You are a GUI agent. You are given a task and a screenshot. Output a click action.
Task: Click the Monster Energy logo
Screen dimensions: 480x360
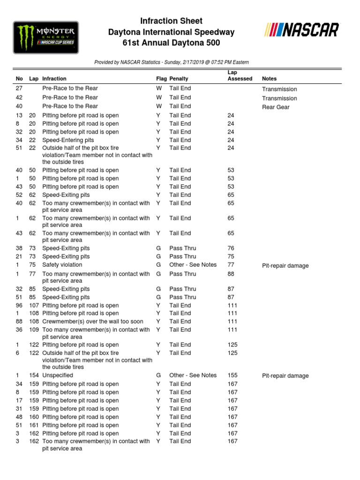pyautogui.click(x=45, y=37)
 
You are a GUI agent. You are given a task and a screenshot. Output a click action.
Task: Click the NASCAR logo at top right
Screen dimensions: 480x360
pyautogui.click(x=301, y=30)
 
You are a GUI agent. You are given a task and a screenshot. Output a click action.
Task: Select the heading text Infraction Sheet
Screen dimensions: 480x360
pyautogui.click(x=172, y=21)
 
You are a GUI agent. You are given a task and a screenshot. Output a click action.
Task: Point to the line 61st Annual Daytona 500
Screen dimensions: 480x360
pyautogui.click(x=172, y=43)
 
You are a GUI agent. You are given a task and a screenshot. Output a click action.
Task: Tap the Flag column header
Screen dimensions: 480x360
pyautogui.click(x=161, y=79)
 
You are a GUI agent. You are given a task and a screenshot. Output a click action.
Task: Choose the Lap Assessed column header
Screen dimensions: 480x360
pyautogui.click(x=240, y=76)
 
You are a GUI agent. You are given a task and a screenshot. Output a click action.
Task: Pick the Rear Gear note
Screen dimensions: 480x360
pyautogui.click(x=276, y=107)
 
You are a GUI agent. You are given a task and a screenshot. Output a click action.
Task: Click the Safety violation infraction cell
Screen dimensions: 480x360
pyautogui.click(x=62, y=265)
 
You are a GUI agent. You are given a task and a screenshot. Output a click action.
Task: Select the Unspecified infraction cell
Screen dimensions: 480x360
pyautogui.click(x=58, y=375)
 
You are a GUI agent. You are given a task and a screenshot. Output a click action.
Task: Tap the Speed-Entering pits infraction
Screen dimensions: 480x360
pyautogui.click(x=68, y=140)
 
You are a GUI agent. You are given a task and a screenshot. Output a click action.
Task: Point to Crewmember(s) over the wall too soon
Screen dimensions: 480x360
pyautogui.click(x=93, y=322)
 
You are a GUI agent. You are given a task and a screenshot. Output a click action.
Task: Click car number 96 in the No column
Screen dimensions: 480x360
pyautogui.click(x=19, y=305)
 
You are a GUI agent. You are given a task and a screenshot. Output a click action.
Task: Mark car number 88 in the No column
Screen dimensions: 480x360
pyautogui.click(x=19, y=322)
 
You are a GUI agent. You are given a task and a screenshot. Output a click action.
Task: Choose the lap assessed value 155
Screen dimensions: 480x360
pyautogui.click(x=232, y=375)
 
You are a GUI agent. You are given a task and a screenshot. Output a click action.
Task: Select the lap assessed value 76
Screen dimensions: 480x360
pyautogui.click(x=231, y=248)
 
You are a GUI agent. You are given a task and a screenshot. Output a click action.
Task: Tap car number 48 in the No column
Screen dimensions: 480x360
pyautogui.click(x=19, y=417)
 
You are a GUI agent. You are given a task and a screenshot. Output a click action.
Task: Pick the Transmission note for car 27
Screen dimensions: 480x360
pyautogui.click(x=279, y=89)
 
